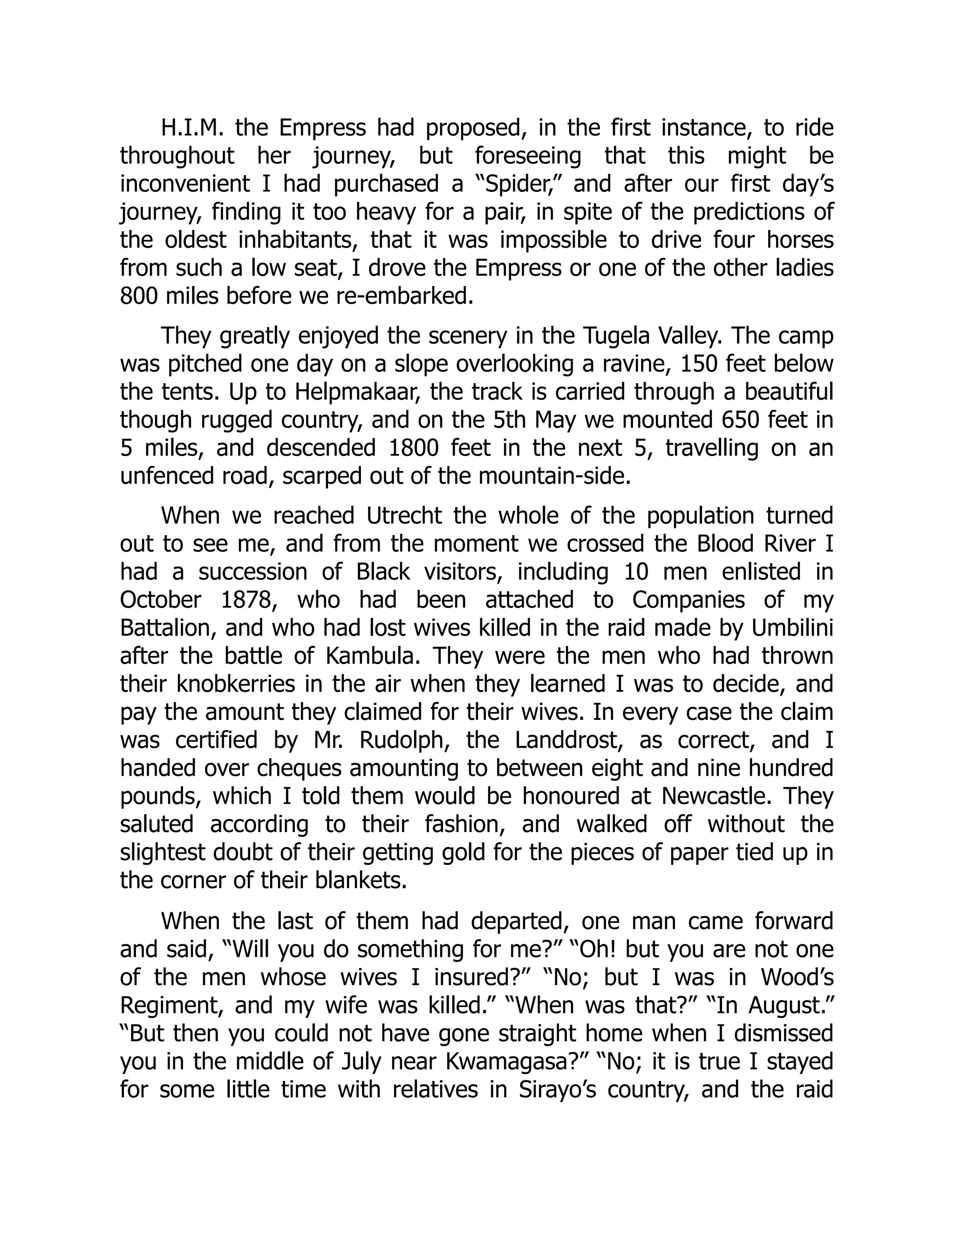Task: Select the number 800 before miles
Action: pos(139,297)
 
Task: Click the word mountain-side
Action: pos(554,477)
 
